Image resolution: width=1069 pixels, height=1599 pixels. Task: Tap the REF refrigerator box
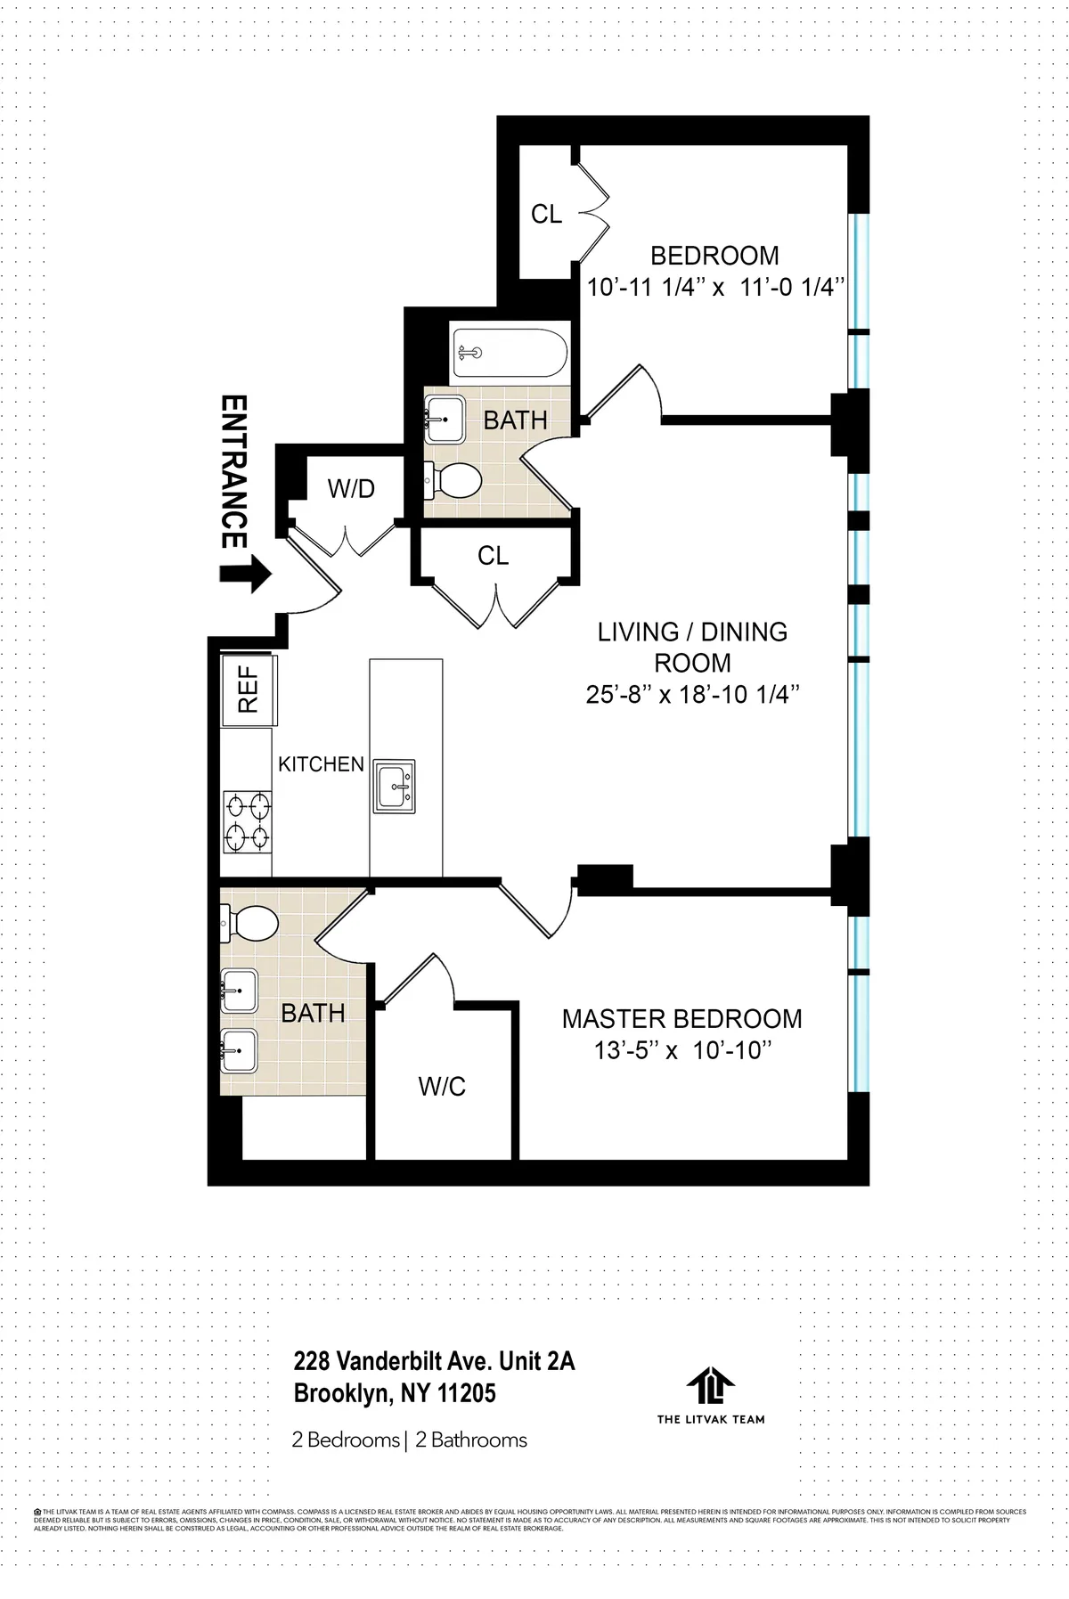(x=249, y=689)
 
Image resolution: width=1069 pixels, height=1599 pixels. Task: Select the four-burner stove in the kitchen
(x=249, y=821)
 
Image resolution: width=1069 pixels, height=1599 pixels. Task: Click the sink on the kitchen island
(x=394, y=787)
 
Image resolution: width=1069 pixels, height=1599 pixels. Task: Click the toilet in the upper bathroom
(x=454, y=482)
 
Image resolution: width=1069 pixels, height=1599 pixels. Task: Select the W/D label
(x=351, y=488)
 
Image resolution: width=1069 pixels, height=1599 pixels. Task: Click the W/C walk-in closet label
(x=443, y=1086)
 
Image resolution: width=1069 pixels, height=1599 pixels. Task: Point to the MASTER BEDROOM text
(x=681, y=1019)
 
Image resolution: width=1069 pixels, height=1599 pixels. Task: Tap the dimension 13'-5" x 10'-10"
(x=681, y=1051)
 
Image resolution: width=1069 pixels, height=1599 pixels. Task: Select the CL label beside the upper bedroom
(x=546, y=214)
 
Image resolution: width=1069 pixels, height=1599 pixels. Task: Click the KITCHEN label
(x=321, y=764)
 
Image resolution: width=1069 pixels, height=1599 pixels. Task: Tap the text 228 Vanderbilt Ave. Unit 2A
(x=435, y=1361)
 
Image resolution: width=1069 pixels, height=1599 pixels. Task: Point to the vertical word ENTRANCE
(x=233, y=471)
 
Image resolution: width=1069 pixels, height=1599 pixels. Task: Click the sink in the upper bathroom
(x=444, y=418)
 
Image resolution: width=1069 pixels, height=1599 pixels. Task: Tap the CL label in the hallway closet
(x=493, y=556)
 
